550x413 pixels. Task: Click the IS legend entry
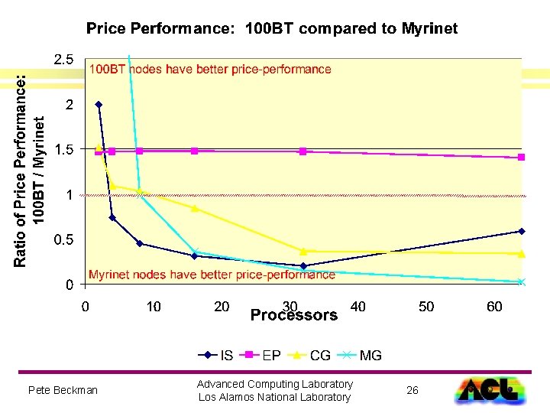pyautogui.click(x=215, y=355)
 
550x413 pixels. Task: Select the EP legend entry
pyautogui.click(x=260, y=355)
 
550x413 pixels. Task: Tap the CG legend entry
pyautogui.click(x=309, y=355)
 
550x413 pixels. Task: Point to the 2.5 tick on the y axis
pyautogui.click(x=63, y=59)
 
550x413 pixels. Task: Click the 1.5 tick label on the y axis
pyautogui.click(x=63, y=150)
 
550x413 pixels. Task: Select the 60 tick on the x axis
pyautogui.click(x=494, y=307)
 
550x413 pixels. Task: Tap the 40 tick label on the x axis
pyautogui.click(x=357, y=307)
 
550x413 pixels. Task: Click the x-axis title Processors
pyautogui.click(x=294, y=315)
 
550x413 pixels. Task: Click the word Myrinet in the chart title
pyautogui.click(x=429, y=28)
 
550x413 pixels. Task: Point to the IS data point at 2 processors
pyautogui.click(x=99, y=104)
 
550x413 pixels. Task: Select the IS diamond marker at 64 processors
pyautogui.click(x=522, y=231)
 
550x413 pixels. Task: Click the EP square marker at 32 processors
pyautogui.click(x=303, y=151)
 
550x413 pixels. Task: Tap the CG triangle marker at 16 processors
pyautogui.click(x=195, y=208)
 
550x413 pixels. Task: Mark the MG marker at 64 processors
pyautogui.click(x=522, y=281)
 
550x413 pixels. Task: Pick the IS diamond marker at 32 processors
pyautogui.click(x=303, y=266)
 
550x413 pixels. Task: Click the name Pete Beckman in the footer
pyautogui.click(x=63, y=390)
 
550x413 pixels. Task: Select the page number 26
pyautogui.click(x=412, y=390)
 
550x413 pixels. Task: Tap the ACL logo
pyautogui.click(x=490, y=390)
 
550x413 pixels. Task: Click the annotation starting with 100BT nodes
pyautogui.click(x=210, y=69)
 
